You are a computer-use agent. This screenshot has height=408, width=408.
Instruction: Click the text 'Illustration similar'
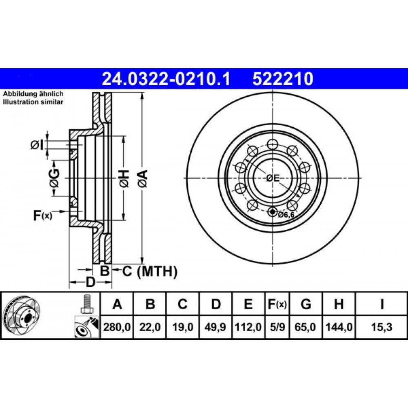pyautogui.click(x=33, y=102)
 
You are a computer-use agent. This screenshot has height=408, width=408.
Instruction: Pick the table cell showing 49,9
pyautogui.click(x=216, y=326)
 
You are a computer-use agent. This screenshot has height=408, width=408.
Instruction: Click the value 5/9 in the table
pyautogui.click(x=277, y=326)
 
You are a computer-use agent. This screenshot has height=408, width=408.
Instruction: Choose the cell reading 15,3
pyautogui.click(x=381, y=326)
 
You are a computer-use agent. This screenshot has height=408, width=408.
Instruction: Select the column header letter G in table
pyautogui.click(x=306, y=304)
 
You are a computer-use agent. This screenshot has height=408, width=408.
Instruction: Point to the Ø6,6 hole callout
pyautogui.click(x=286, y=215)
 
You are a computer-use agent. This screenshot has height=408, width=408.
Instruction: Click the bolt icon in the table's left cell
pyautogui.click(x=86, y=304)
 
